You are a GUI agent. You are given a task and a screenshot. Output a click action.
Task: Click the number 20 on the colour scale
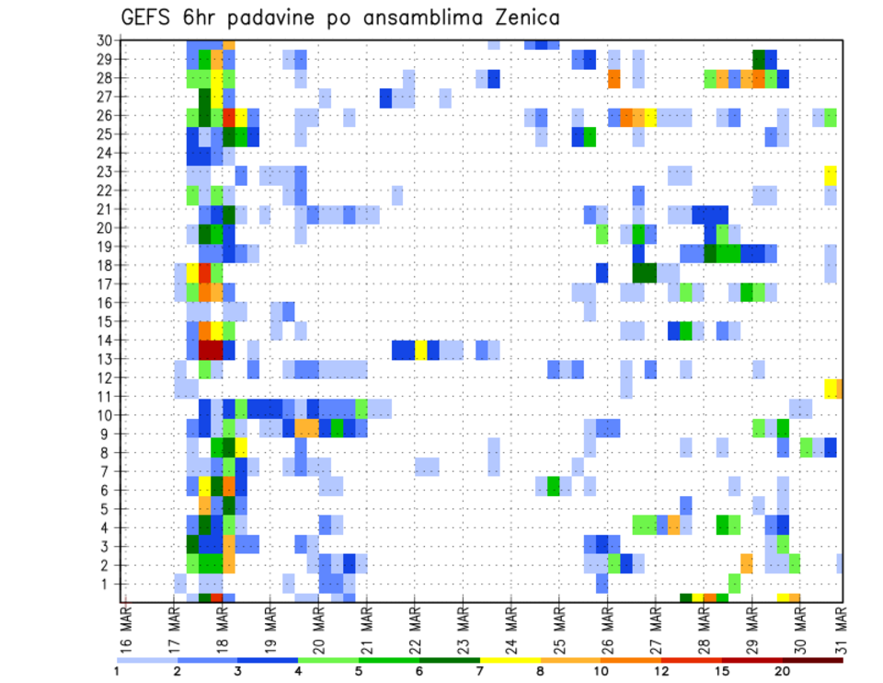783,671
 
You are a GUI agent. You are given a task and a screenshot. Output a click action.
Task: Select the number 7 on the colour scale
479,671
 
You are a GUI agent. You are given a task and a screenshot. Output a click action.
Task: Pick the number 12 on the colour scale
660,671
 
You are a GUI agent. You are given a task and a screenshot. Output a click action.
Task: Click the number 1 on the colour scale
117,671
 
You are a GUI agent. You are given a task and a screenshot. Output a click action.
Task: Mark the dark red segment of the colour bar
812,660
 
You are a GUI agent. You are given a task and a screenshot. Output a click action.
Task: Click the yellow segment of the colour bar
510,660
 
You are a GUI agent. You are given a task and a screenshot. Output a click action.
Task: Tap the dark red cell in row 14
211,350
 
